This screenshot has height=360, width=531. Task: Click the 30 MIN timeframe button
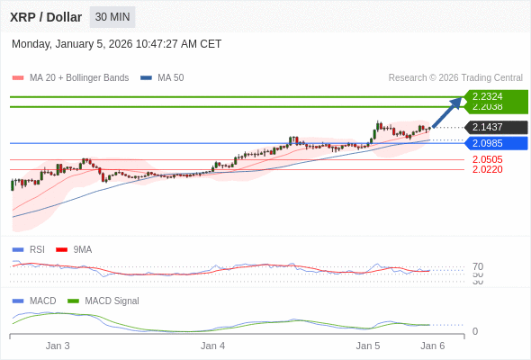coord(112,17)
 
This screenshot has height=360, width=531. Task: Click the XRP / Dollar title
coord(46,17)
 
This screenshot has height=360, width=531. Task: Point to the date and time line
coord(116,44)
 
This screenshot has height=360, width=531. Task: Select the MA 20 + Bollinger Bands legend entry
coord(79,78)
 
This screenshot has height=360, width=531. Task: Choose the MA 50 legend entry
coord(170,78)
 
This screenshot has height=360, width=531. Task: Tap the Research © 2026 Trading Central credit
coord(455,78)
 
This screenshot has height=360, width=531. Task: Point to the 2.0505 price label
coord(487,159)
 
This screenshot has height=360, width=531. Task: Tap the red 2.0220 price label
coord(487,169)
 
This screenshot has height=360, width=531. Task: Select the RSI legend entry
coord(36,249)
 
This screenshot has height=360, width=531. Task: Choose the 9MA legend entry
coord(82,249)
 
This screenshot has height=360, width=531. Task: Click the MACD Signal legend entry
coord(112,301)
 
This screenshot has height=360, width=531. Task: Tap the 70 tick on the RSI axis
coord(478,266)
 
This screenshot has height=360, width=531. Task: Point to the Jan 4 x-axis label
coord(213,346)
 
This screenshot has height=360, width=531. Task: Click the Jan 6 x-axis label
coord(433,346)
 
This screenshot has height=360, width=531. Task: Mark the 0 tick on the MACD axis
coord(475,331)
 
